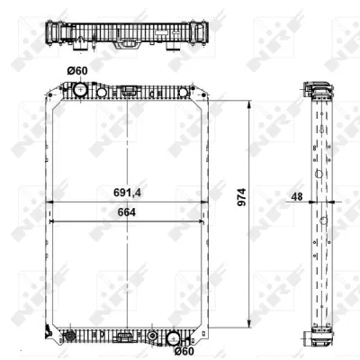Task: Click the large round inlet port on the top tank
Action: [78, 91]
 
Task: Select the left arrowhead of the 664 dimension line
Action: [52, 220]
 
